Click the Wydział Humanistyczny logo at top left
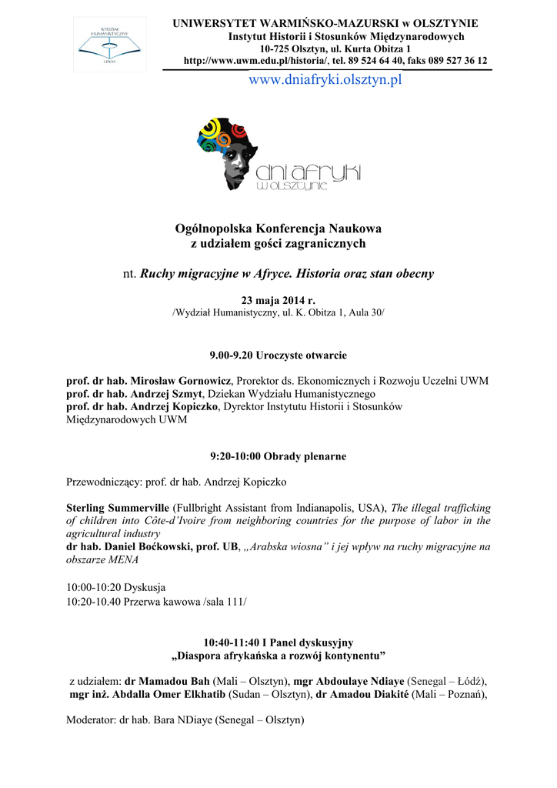click(109, 43)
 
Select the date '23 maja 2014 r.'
click(278, 300)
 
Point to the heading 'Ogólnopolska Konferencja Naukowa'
click(278, 229)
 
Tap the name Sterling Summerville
click(118, 508)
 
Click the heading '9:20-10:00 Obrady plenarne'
click(278, 456)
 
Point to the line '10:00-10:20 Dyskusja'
click(116, 587)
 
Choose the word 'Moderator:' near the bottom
click(89, 720)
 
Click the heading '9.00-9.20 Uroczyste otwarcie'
click(278, 356)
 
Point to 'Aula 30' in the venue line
click(365, 313)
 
